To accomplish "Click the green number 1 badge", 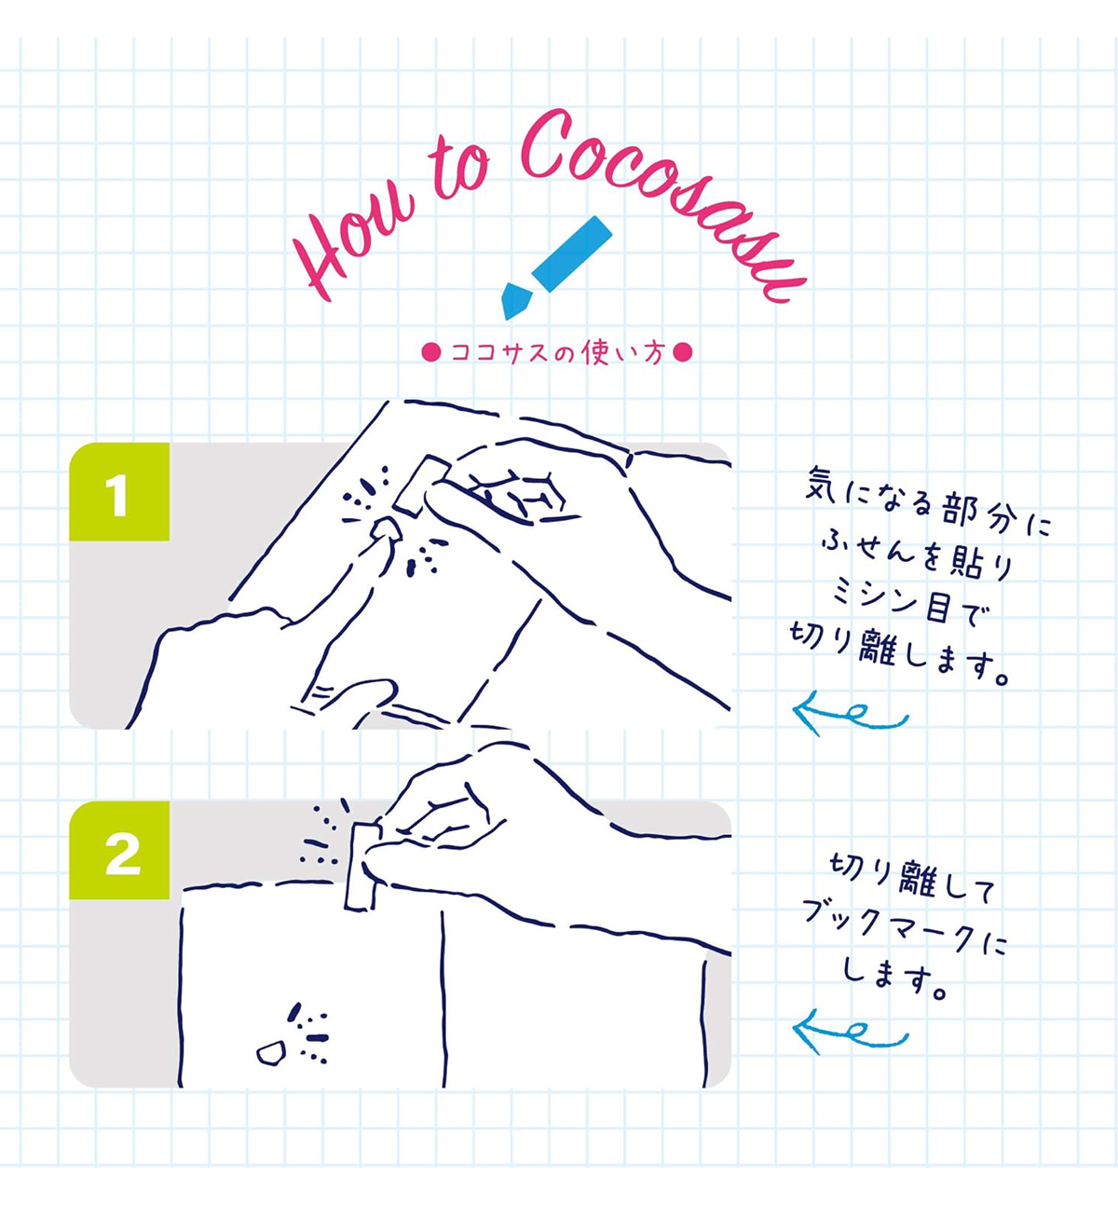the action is click(119, 492).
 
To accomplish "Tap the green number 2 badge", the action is click(119, 850).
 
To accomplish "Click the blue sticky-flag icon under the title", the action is click(555, 267).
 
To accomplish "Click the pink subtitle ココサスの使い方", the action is click(558, 352).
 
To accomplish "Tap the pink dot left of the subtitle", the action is click(430, 352).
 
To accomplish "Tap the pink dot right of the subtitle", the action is click(683, 352).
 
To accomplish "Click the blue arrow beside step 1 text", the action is click(850, 714).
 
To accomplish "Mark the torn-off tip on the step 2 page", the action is click(270, 1052).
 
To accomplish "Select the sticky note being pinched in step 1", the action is click(423, 485).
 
